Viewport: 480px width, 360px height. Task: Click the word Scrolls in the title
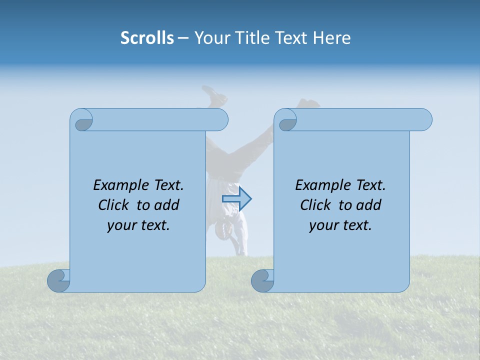[x=147, y=38]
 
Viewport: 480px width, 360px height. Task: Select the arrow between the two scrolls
[x=237, y=199]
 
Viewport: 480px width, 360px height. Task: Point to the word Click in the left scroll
[x=115, y=205]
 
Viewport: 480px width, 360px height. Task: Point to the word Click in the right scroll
[x=317, y=205]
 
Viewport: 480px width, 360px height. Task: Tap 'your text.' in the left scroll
[x=138, y=225]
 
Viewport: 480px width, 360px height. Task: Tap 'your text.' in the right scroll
[x=340, y=225]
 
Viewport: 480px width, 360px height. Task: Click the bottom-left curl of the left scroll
[x=58, y=280]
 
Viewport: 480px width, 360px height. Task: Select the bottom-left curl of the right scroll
[x=262, y=280]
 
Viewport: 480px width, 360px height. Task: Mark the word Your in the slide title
[x=209, y=38]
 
